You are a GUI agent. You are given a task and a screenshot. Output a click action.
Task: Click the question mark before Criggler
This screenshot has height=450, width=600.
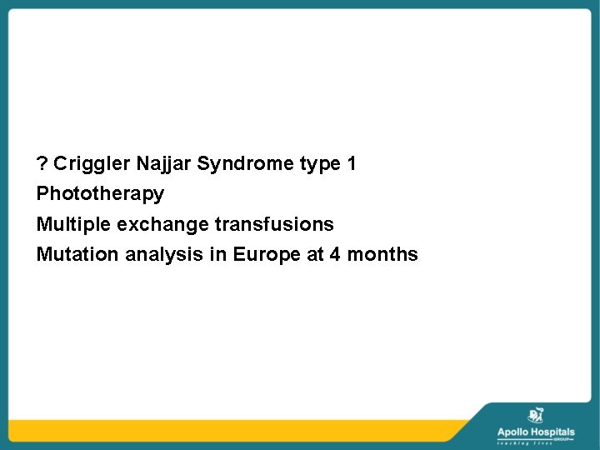[x=42, y=163]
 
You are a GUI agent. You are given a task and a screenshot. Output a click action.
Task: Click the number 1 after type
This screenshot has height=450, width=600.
[x=352, y=163]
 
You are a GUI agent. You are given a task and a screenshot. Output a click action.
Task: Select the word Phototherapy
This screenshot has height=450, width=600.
[x=100, y=195]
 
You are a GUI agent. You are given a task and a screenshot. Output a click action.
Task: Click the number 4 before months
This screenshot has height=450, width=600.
[x=335, y=254]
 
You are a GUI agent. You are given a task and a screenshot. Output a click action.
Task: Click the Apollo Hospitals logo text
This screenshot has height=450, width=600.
[x=535, y=432]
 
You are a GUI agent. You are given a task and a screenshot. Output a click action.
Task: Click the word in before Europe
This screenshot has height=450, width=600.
[x=217, y=254]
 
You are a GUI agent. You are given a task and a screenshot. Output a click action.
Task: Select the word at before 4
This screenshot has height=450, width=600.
[x=315, y=255]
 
